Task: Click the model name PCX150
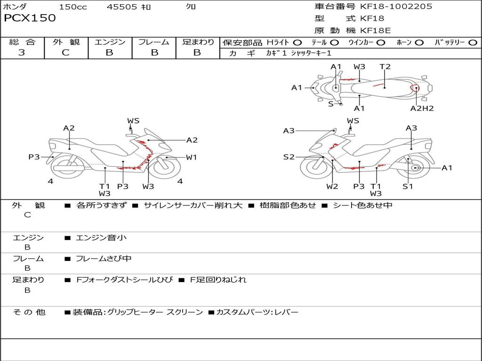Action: pos(30,18)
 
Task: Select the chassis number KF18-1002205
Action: pos(396,7)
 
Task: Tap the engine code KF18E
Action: pos(375,31)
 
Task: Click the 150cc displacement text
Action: pos(72,7)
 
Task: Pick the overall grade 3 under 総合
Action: pos(22,53)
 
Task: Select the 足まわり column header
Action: pos(198,42)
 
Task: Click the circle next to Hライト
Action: pos(297,43)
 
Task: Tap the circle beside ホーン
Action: pos(419,43)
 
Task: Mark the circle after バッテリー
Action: pos(473,43)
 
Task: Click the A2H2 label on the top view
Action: pos(422,109)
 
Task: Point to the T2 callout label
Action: pos(385,67)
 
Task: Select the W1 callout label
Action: pos(191,157)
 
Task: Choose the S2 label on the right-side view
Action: pos(289,157)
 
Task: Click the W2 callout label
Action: pos(332,187)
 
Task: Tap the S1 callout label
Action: pos(408,187)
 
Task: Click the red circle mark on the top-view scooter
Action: pos(415,88)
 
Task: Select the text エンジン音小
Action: pos(101,238)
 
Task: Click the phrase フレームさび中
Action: pos(104,259)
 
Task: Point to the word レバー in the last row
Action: pos(288,312)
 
